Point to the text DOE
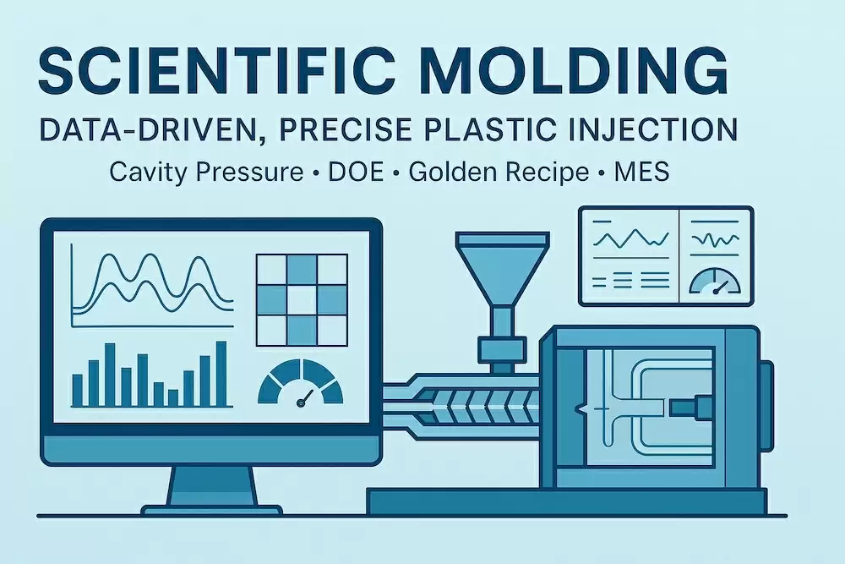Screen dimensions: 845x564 point(357,172)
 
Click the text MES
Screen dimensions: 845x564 point(642,172)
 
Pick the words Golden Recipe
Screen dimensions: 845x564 point(499,172)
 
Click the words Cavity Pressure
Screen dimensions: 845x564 point(206,172)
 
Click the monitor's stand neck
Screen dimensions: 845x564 point(213,485)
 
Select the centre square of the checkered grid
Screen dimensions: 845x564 point(302,300)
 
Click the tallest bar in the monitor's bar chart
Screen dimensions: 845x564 point(221,374)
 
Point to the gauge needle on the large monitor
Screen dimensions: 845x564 point(306,397)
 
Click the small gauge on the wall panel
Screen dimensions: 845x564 point(715,282)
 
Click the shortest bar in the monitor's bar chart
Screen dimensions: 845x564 point(173,398)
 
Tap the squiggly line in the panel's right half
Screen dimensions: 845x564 point(716,238)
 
